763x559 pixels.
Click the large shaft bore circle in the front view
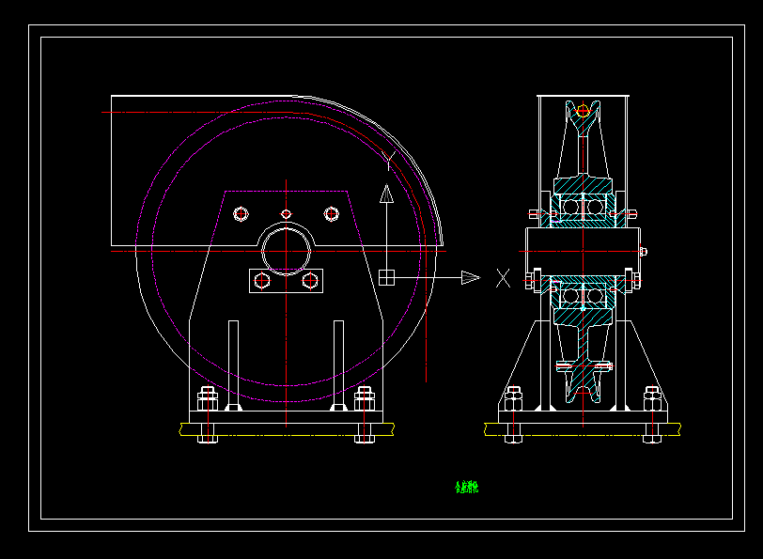coord(287,251)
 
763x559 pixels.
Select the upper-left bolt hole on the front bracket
coord(241,214)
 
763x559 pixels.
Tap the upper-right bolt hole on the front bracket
coord(331,214)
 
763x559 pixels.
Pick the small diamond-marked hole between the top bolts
coord(287,214)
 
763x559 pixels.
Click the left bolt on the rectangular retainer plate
coord(262,280)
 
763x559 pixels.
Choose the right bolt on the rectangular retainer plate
coord(310,280)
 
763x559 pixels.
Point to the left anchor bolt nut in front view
coord(208,398)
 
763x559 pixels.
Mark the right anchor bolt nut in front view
coord(366,398)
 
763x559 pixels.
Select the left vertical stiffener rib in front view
coord(233,365)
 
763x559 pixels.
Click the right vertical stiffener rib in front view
coord(338,365)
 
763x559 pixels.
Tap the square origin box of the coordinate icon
coord(386,277)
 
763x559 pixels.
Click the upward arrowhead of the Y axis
coord(385,194)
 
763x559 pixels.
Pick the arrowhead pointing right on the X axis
coord(470,277)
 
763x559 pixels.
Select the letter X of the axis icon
coord(504,277)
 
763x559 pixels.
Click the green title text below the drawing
coord(467,488)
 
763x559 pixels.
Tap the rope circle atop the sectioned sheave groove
coord(583,111)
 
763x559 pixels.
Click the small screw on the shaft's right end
coord(643,251)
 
